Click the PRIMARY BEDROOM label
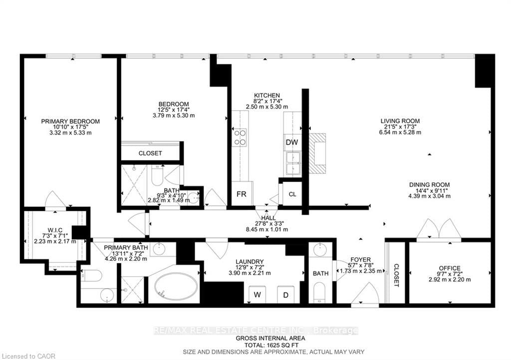[70, 121]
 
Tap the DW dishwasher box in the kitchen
[292, 143]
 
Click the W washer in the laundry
[257, 294]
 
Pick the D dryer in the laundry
[286, 294]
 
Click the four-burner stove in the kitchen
[240, 137]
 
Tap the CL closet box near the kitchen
[292, 194]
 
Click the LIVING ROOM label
[400, 121]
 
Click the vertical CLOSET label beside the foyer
[396, 275]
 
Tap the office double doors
[439, 230]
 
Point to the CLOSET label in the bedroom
[150, 153]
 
